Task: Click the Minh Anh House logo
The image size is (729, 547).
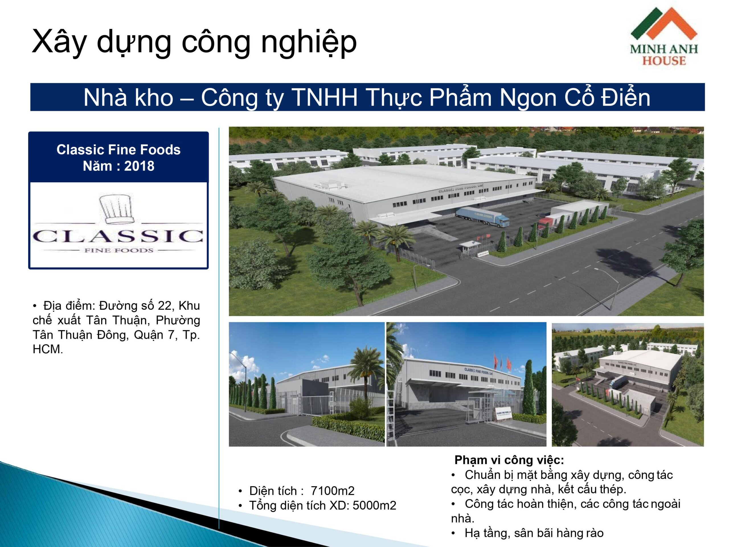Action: click(x=664, y=36)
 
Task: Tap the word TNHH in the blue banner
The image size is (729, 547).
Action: click(x=325, y=98)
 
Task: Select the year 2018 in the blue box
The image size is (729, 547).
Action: click(x=139, y=166)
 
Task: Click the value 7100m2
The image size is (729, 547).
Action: click(x=333, y=491)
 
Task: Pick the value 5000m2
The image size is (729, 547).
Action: click(x=374, y=505)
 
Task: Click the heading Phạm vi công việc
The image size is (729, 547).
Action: click(x=509, y=460)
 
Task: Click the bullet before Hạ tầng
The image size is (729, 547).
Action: click(x=453, y=533)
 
